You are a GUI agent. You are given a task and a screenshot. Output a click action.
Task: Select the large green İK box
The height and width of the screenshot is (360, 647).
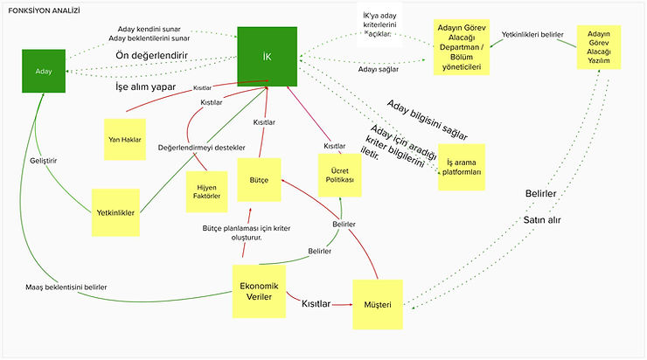pyautogui.click(x=268, y=57)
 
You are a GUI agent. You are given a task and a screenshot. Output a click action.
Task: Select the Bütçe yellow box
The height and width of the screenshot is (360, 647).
pyautogui.click(x=259, y=179)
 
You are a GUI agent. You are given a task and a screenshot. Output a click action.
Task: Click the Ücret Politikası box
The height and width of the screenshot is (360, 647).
pyautogui.click(x=340, y=174)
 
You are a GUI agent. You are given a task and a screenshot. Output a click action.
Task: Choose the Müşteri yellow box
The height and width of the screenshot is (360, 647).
pyautogui.click(x=379, y=304)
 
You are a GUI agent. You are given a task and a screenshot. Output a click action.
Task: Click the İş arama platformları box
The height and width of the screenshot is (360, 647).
pyautogui.click(x=463, y=166)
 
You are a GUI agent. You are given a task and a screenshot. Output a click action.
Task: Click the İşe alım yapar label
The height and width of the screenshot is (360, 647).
pyautogui.click(x=146, y=87)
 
